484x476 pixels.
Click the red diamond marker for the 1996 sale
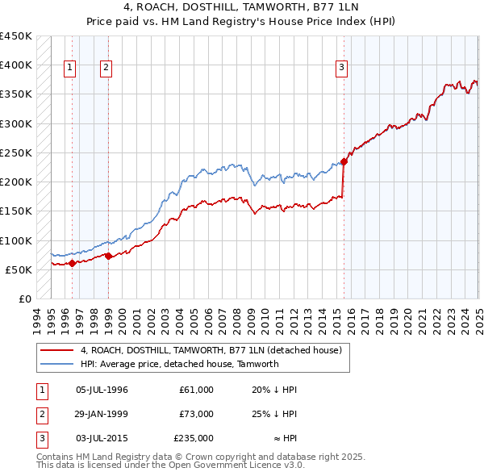coord(72,262)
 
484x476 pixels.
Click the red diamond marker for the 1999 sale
coord(108,256)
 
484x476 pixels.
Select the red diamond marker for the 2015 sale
coord(344,161)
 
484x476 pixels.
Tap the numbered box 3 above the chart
coord(342,68)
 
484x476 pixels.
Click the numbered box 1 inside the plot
coord(70,68)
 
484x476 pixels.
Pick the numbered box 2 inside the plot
coord(106,68)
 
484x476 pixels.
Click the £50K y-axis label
coord(19,269)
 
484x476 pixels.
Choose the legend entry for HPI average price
coord(179,364)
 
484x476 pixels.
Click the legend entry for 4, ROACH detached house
coord(211,350)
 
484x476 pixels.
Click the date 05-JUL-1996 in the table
coord(102,390)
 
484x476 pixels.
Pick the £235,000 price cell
coord(194,438)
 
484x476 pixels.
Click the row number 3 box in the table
coord(40,438)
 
